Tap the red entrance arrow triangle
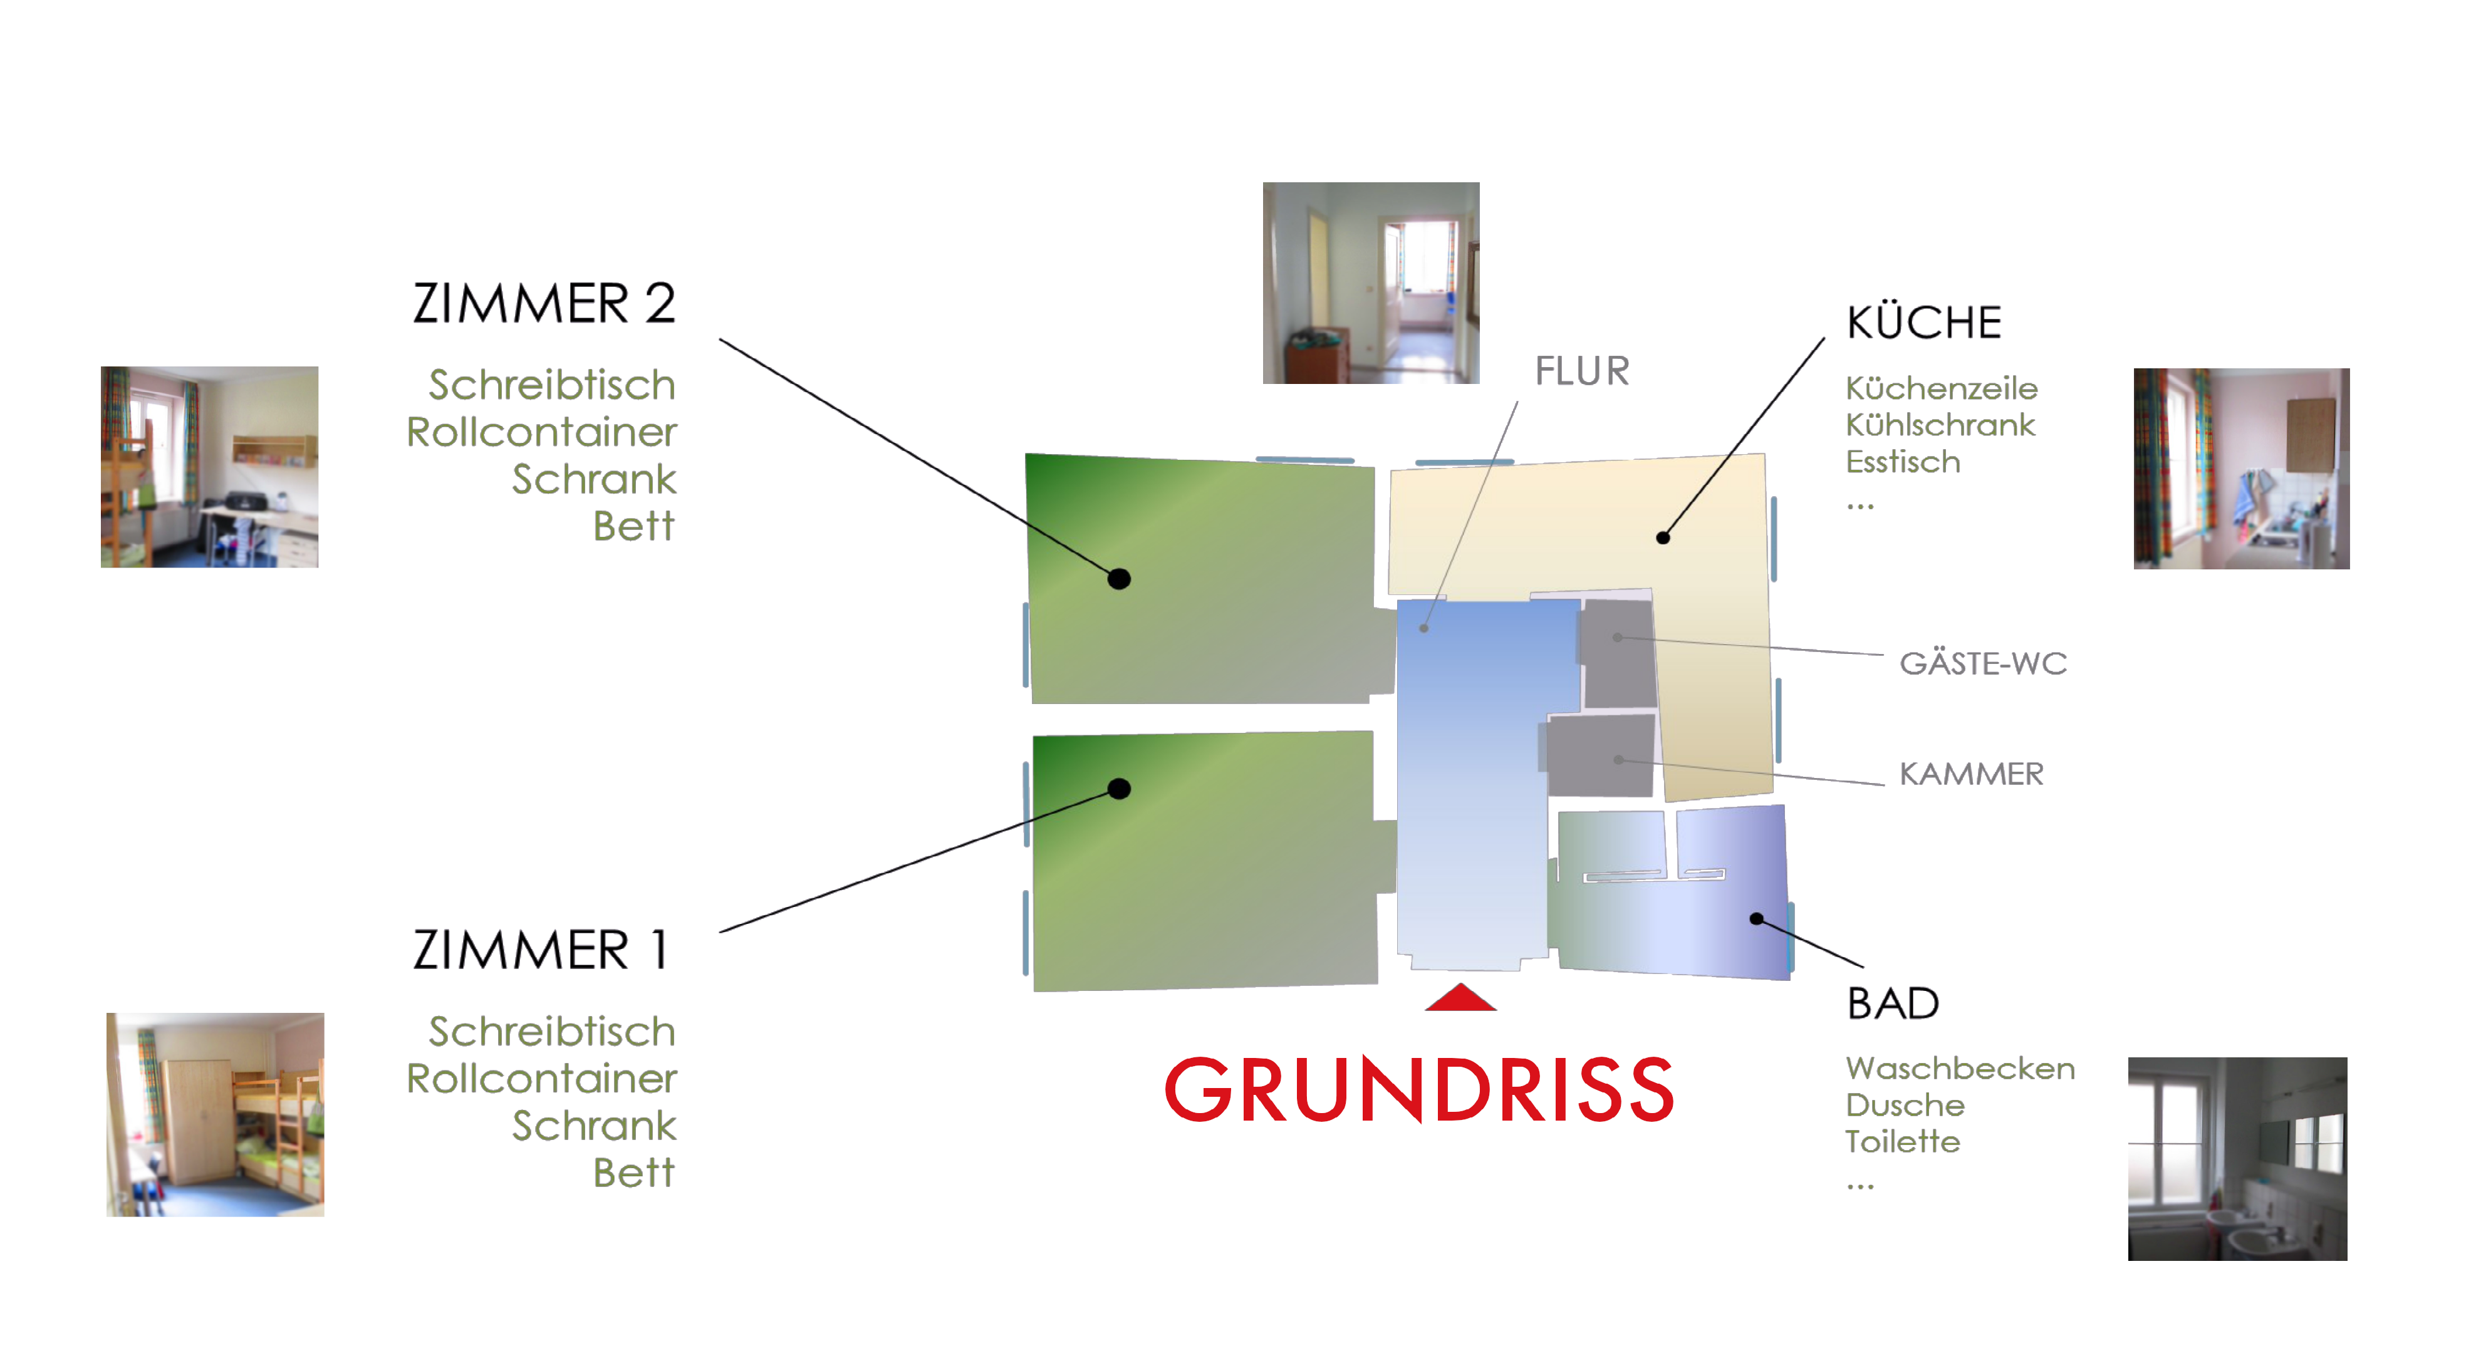point(1460,998)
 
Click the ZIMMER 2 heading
point(544,304)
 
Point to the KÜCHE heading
point(1923,323)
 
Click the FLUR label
point(1581,371)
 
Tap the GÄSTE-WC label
point(1982,663)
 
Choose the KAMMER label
point(1971,773)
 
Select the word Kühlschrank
point(1940,425)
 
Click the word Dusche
point(1904,1106)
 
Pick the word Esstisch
point(1902,462)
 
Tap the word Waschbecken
point(1960,1068)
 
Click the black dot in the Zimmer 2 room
point(1119,579)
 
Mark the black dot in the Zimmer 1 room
point(1119,789)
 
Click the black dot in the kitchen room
point(1663,538)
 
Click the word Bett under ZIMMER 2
point(634,526)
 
